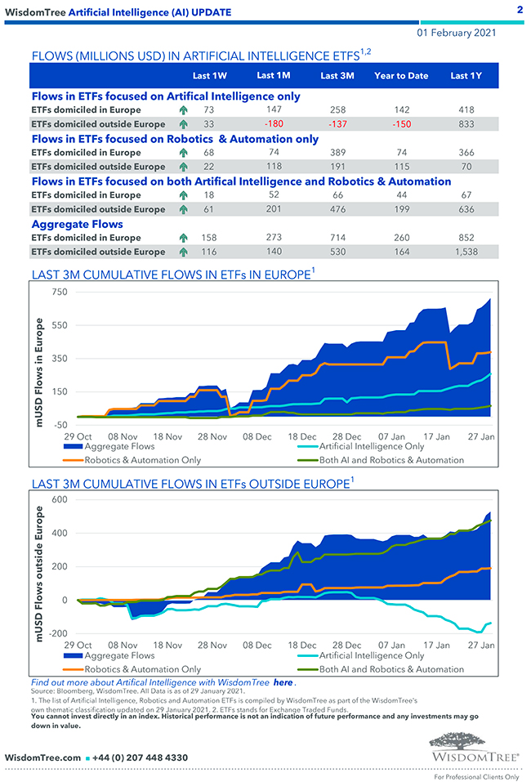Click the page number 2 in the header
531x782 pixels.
click(520, 11)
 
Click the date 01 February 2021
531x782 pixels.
click(456, 34)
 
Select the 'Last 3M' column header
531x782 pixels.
click(337, 76)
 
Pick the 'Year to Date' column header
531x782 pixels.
click(401, 76)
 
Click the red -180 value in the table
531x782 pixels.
click(279, 124)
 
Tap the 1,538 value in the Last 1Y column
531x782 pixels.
click(466, 252)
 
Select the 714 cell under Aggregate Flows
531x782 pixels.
click(337, 238)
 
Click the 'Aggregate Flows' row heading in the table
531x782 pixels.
click(78, 224)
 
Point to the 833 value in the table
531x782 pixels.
click(466, 124)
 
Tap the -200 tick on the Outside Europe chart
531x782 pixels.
click(56, 634)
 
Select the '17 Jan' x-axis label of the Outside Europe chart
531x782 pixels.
click(437, 644)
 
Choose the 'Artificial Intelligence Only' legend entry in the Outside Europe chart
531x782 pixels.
click(372, 655)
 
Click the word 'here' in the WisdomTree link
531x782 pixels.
click(283, 682)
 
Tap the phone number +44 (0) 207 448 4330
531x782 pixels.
click(144, 757)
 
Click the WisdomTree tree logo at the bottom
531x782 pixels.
click(475, 741)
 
